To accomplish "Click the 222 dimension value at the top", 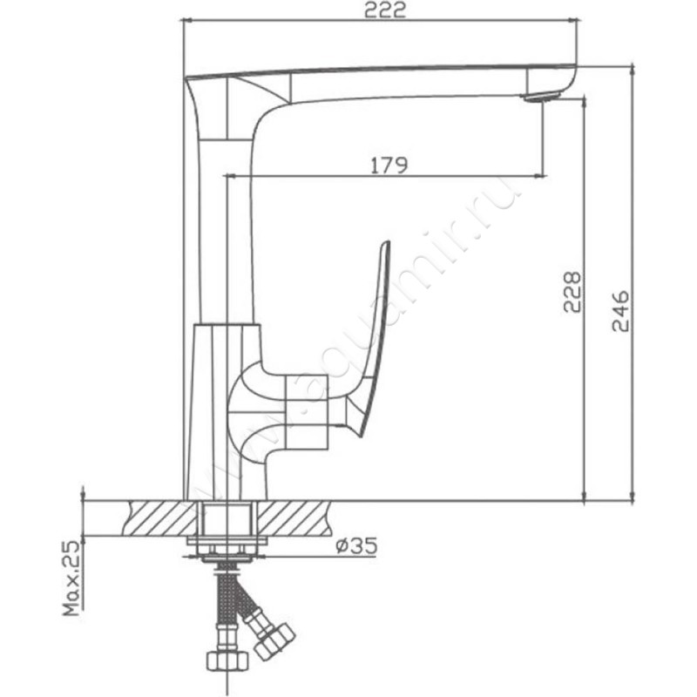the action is pyautogui.click(x=385, y=10).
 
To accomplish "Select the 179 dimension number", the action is pyautogui.click(x=389, y=165).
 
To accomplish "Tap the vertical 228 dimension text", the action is pyautogui.click(x=572, y=292).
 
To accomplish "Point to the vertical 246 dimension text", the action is pyautogui.click(x=620, y=311).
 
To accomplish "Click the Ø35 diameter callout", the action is pyautogui.click(x=356, y=545).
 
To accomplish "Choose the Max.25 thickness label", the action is pyautogui.click(x=72, y=578).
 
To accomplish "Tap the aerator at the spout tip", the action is pyautogui.click(x=541, y=97).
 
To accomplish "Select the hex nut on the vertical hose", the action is pyautogui.click(x=228, y=661).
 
